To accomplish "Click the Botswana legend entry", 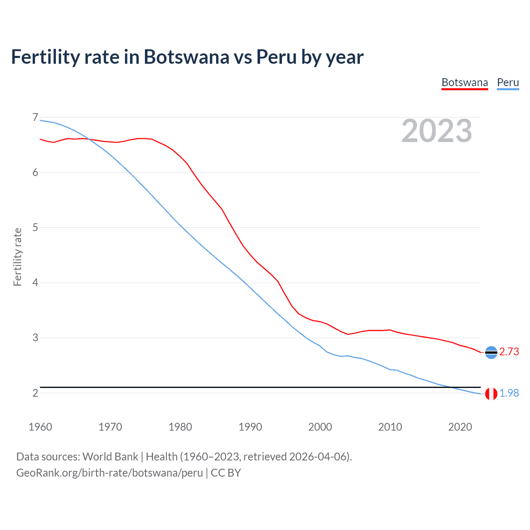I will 465,82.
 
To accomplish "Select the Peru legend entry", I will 508,82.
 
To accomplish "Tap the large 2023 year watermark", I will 437,131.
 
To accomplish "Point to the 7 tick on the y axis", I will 35,118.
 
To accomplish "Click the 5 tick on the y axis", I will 35,227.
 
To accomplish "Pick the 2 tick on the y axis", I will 35,393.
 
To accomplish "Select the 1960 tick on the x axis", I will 40,427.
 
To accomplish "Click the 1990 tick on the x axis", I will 250,427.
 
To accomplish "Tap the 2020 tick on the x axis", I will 460,427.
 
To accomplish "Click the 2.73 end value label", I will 509,352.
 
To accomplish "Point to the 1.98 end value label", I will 509,393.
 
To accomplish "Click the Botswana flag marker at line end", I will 491,352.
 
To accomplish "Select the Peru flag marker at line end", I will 491,394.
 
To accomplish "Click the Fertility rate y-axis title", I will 17,257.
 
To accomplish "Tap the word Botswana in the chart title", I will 186,57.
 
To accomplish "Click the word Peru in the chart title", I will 276,57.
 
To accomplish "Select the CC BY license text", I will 226,473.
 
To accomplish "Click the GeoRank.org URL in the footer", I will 109,473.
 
